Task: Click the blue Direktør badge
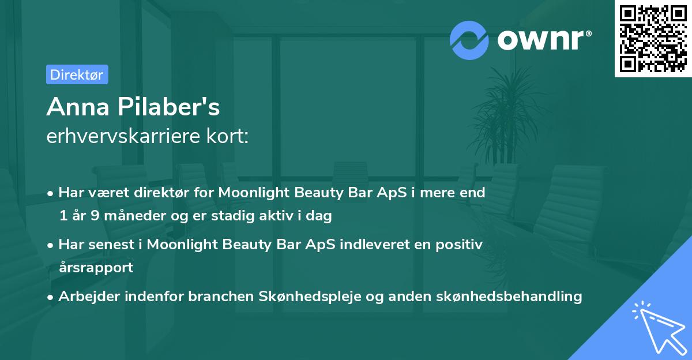point(77,74)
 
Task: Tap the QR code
point(653,39)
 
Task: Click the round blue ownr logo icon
point(469,40)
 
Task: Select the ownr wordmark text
point(544,40)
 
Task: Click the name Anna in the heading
point(78,107)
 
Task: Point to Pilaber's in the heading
point(168,107)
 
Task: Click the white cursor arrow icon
point(660,329)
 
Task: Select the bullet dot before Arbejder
point(50,297)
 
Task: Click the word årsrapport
point(96,267)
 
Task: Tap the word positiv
point(459,245)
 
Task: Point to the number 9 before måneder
point(95,215)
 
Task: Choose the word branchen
point(221,296)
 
